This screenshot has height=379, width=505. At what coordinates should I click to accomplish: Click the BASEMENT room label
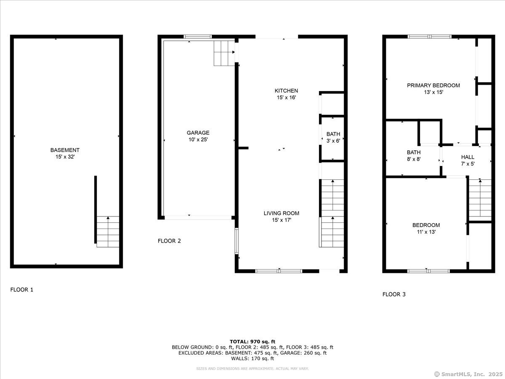click(x=65, y=150)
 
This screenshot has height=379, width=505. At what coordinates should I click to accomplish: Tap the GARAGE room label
click(x=198, y=133)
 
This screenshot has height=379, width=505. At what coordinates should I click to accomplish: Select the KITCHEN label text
click(x=286, y=91)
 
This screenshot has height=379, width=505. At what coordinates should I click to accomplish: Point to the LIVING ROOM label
click(x=282, y=214)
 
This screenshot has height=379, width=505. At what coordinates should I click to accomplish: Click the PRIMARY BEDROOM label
click(x=433, y=85)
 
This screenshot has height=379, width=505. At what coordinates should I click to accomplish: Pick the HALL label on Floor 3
click(x=468, y=157)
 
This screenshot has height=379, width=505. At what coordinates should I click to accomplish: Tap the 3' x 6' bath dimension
click(x=333, y=141)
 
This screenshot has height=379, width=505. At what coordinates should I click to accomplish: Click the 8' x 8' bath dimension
click(x=414, y=159)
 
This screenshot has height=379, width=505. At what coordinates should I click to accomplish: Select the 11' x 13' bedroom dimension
click(x=426, y=232)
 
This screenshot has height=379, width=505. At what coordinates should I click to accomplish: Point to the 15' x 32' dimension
click(x=65, y=157)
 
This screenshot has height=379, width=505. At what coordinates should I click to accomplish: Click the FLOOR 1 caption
click(x=22, y=289)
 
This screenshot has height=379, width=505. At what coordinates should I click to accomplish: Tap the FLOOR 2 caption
click(x=169, y=241)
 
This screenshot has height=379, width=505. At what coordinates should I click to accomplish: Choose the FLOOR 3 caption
click(x=394, y=294)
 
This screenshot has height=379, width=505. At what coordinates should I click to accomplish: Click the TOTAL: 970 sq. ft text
click(x=252, y=342)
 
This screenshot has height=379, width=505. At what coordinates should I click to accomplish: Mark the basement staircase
click(x=108, y=232)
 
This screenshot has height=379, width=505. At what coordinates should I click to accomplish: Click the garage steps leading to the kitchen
click(x=224, y=53)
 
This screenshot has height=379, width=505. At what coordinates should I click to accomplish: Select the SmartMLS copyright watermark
click(x=468, y=374)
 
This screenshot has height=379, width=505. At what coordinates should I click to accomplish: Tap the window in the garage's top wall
click(x=197, y=37)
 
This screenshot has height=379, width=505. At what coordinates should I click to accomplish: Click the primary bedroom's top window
click(x=430, y=37)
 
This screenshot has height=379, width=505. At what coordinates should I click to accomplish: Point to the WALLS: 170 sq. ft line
click(x=252, y=358)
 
